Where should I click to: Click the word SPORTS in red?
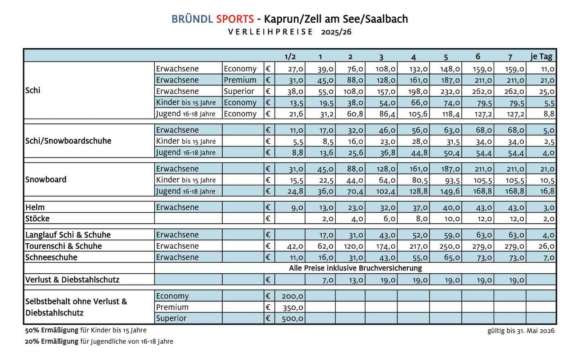235,19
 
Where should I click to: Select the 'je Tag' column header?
541,56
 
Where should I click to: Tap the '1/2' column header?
290,57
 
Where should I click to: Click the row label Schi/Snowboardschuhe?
68,141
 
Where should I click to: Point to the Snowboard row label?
46,180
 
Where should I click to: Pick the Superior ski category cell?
239,91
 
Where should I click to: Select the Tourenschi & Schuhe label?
63,246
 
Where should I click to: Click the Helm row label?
35,207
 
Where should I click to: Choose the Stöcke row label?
37,218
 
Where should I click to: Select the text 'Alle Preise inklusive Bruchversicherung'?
355,268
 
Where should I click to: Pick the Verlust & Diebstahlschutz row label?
72,280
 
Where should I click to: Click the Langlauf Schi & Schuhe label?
68,235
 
